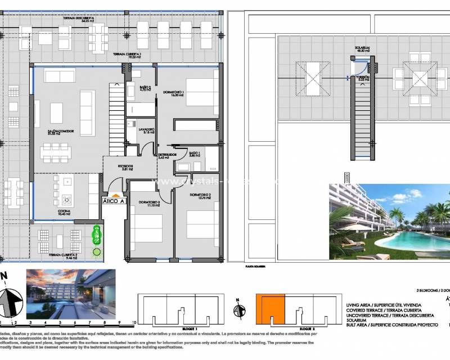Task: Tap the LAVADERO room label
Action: pyautogui.click(x=146, y=130)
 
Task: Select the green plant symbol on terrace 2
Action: pyautogui.click(x=97, y=232)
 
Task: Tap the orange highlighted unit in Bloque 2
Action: pyautogui.click(x=270, y=309)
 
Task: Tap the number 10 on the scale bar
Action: pyautogui.click(x=133, y=323)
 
